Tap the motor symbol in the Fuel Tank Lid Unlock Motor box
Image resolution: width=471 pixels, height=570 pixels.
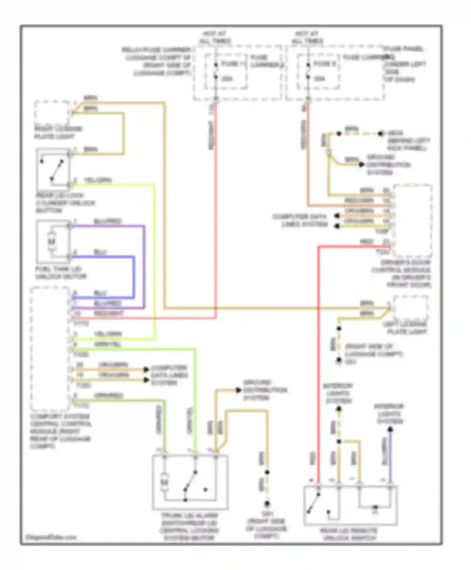51,241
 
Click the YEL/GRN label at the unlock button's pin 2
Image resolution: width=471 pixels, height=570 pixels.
98,180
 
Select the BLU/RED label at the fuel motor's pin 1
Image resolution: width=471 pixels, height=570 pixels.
107,221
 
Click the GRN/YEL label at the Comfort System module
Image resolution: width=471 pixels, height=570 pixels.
107,344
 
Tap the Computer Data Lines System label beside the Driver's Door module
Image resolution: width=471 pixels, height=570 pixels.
300,221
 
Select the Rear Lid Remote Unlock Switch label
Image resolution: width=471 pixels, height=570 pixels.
349,534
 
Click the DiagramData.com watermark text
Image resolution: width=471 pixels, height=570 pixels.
51,537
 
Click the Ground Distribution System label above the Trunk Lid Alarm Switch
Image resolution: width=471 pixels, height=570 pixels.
264,390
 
